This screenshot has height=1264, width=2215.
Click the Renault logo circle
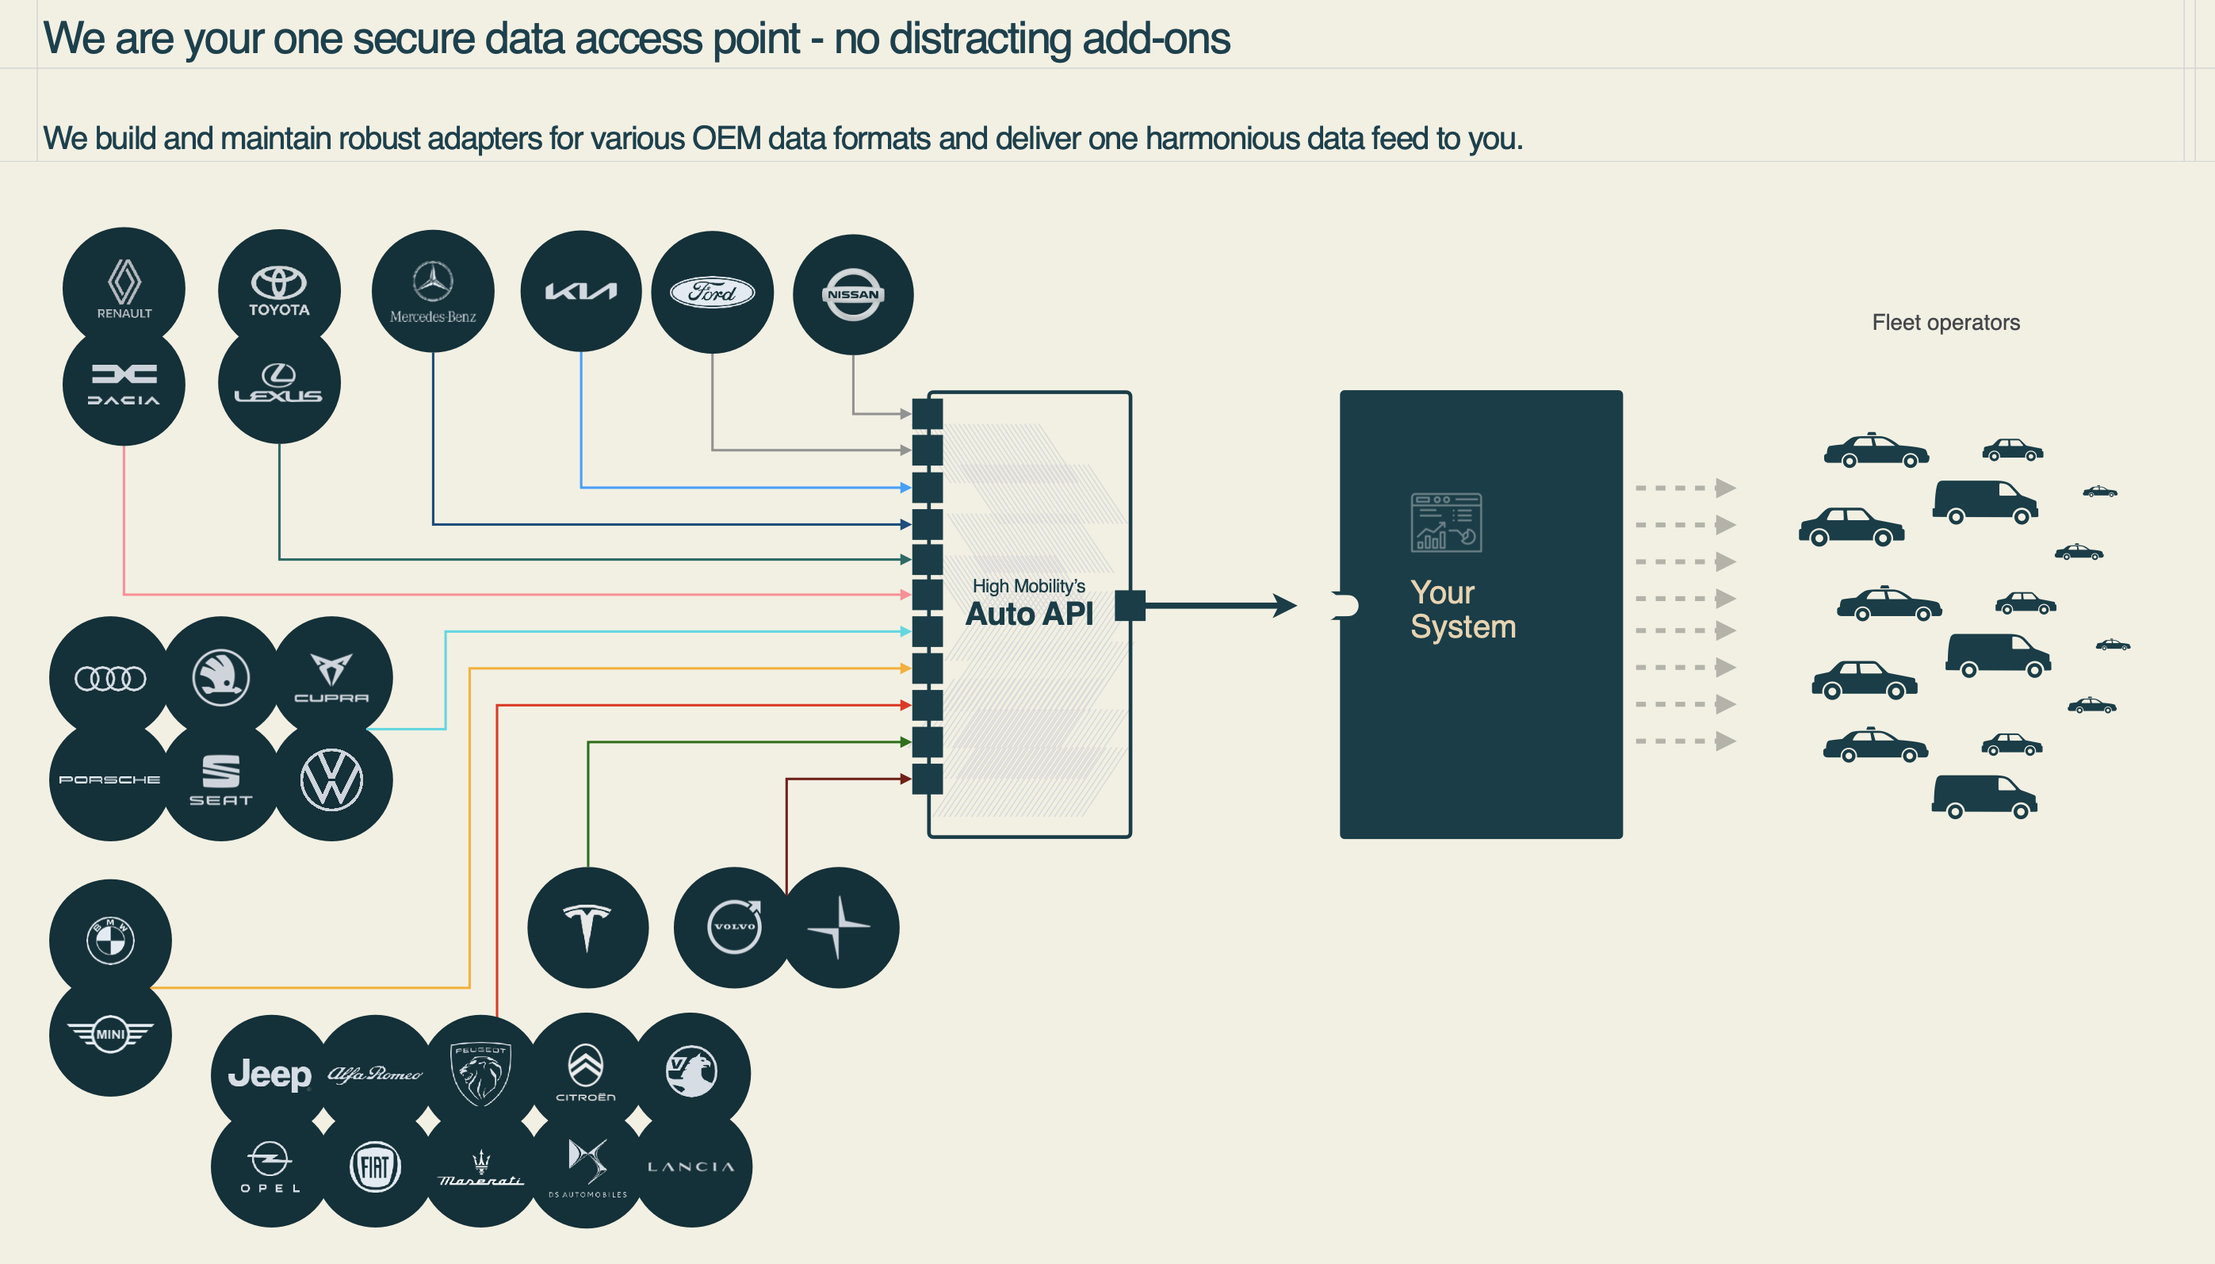[x=124, y=288]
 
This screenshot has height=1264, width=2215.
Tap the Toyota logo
[x=278, y=290]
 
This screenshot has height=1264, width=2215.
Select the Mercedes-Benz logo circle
[x=433, y=291]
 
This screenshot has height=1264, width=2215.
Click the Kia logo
[x=580, y=291]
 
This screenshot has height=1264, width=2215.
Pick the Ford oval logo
[x=713, y=293]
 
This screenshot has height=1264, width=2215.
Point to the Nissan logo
[x=853, y=294]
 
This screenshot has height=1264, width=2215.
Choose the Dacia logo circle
[x=124, y=385]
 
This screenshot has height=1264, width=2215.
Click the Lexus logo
[x=278, y=383]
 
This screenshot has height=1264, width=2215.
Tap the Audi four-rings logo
[x=110, y=678]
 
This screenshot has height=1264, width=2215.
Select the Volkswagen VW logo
[x=331, y=779]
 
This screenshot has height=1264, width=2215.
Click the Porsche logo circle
[x=110, y=779]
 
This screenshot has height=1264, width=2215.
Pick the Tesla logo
[x=587, y=927]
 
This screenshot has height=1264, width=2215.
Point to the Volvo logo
[x=734, y=927]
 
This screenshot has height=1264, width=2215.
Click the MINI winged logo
[x=110, y=1035]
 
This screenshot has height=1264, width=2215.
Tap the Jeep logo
[x=270, y=1074]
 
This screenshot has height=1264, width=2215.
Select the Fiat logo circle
[x=375, y=1166]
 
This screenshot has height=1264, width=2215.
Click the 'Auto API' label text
[x=1029, y=614]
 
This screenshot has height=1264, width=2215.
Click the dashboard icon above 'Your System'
[x=1446, y=523]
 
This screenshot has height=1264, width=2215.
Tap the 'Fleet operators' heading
[x=1946, y=323]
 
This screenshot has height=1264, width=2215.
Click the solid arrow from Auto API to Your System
[x=1220, y=605]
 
